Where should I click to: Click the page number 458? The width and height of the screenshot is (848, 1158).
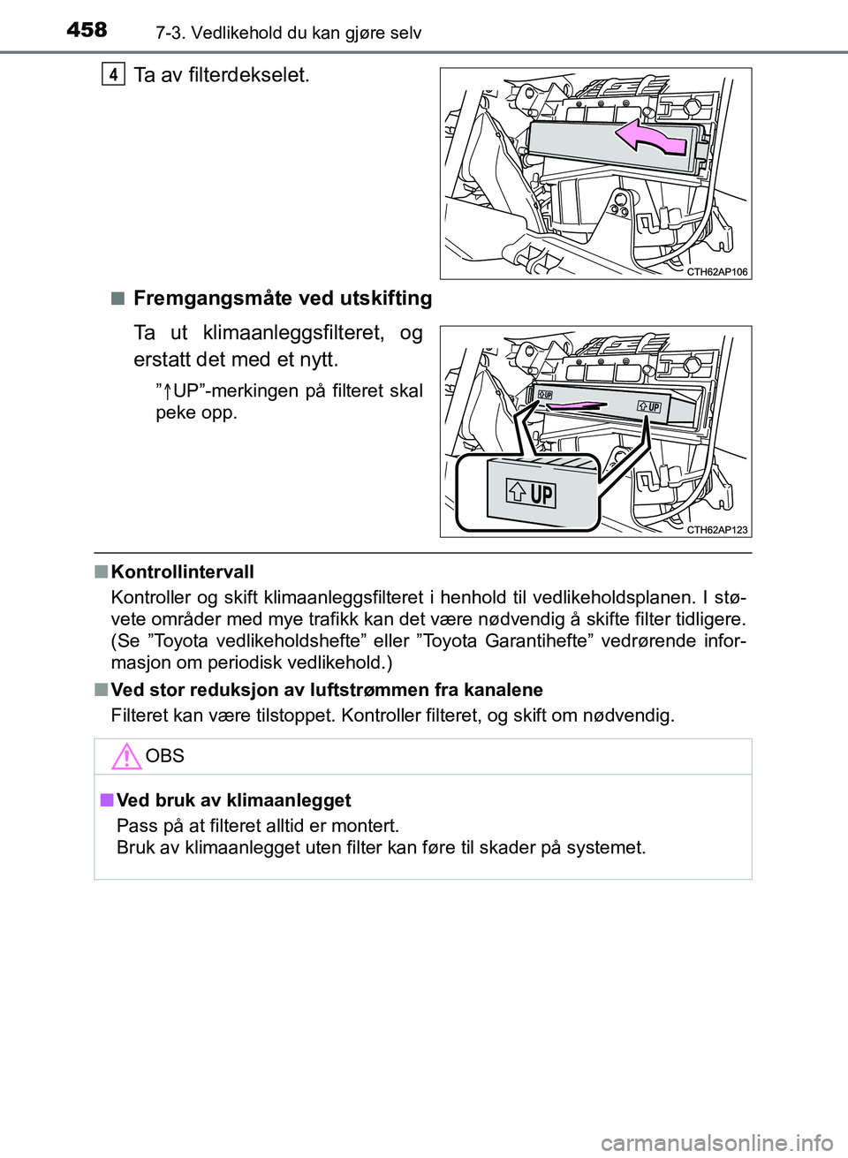pos(87,30)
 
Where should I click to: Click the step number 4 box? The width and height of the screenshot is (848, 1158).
pos(113,75)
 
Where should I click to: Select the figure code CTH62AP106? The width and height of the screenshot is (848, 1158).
pos(717,272)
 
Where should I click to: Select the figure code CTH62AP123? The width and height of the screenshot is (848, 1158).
pos(717,530)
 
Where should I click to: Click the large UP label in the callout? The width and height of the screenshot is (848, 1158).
pos(531,494)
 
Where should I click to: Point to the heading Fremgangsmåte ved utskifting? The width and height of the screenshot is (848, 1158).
pos(283,299)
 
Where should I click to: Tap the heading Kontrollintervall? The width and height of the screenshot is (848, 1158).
pos(182,572)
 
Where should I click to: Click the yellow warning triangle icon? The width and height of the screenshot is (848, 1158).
pos(127,757)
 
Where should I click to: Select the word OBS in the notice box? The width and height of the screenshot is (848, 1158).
pos(165,756)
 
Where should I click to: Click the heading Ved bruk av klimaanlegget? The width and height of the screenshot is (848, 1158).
pos(233,800)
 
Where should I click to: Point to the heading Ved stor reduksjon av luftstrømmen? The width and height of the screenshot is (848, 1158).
pos(327,690)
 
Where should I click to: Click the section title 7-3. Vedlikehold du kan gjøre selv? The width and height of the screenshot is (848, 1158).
pos(288,34)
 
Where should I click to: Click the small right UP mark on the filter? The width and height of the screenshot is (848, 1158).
pos(649,407)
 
